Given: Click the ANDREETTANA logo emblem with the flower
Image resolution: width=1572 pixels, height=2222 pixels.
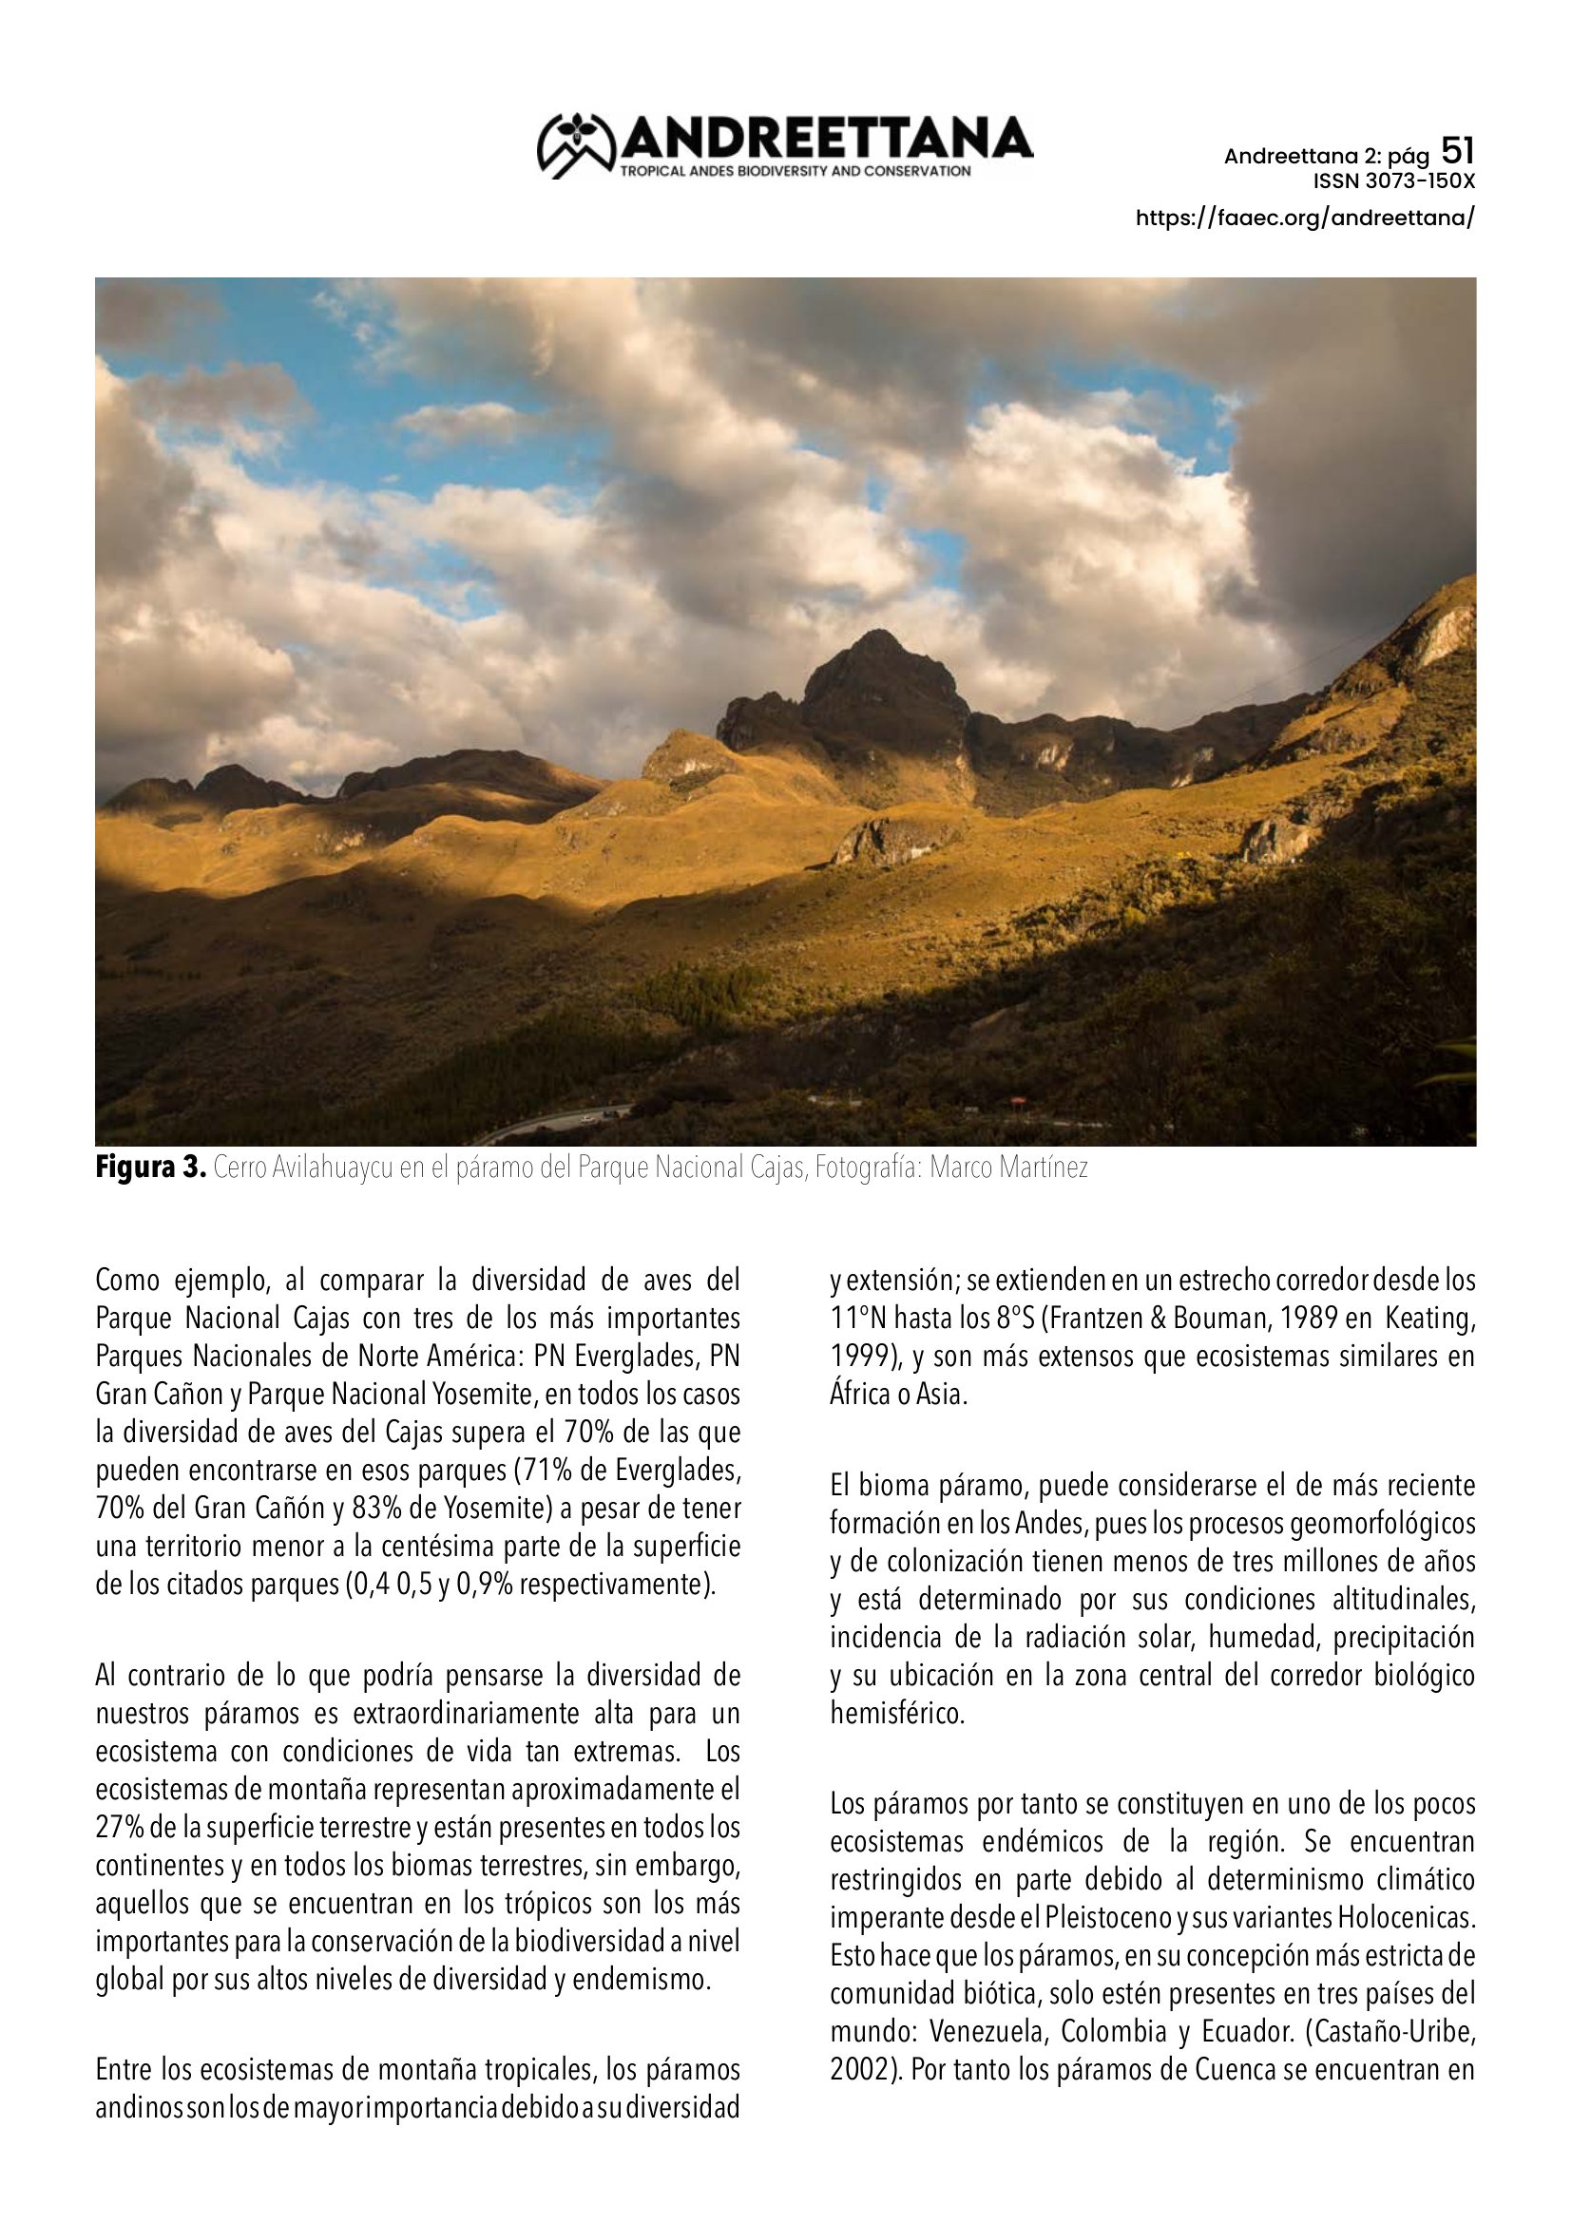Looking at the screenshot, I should (577, 146).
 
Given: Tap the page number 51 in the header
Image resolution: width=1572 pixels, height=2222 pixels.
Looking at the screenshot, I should (1457, 151).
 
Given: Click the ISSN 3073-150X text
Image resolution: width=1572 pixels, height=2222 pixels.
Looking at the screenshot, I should (1393, 181).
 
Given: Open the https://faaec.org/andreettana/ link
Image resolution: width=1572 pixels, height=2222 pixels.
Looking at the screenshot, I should (1305, 218).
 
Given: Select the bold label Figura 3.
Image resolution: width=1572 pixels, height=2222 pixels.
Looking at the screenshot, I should (150, 1168).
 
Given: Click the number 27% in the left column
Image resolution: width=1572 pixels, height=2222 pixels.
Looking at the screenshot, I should (120, 1828).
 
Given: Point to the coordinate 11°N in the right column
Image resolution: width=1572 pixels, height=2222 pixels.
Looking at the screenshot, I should (856, 1319).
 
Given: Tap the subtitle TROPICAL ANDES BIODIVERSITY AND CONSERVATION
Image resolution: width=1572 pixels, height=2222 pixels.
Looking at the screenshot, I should (796, 171).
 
